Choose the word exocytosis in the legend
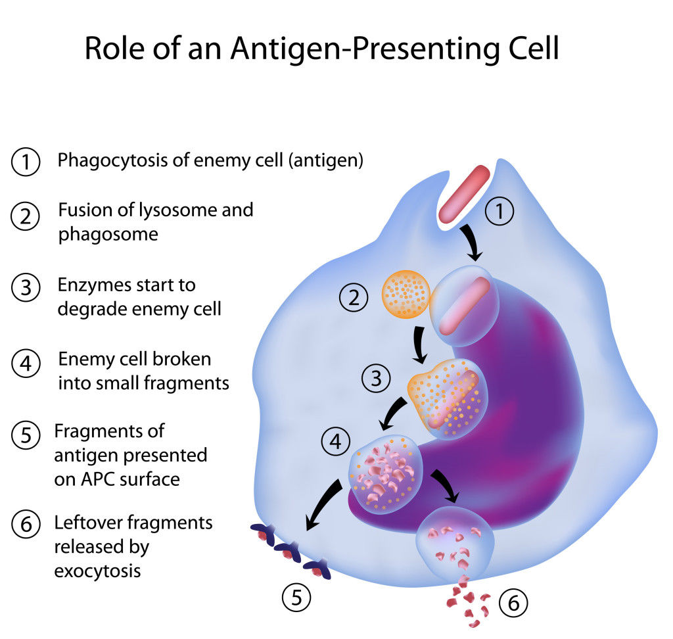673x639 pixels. tap(97, 570)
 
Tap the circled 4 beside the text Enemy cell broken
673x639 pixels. tap(26, 364)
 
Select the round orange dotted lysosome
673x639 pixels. tap(406, 294)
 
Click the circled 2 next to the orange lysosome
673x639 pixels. tap(354, 299)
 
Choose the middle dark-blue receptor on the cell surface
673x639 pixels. tap(287, 552)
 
